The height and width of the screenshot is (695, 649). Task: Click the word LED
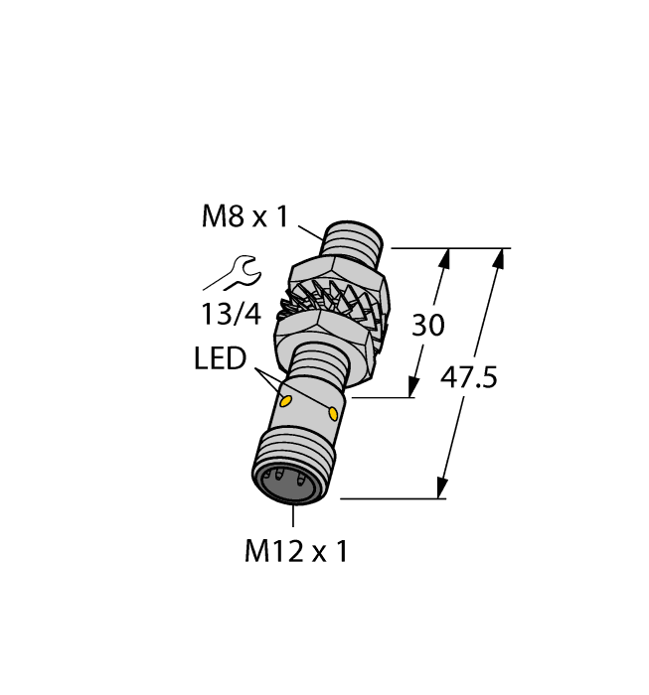coord(220,358)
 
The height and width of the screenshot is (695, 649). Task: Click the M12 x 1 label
coord(296,552)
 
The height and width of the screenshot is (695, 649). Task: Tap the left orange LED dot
coord(286,402)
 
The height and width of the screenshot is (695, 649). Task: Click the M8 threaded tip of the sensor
coord(352,244)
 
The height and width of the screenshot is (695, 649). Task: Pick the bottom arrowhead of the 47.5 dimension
coord(440,488)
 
